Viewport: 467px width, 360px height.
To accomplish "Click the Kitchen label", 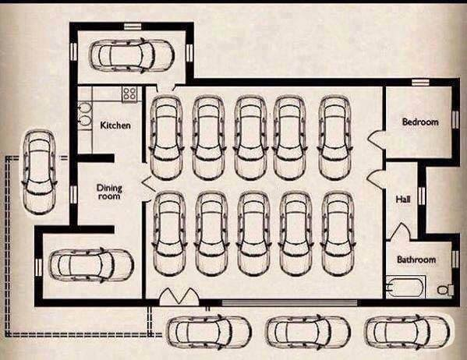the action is tap(115, 125).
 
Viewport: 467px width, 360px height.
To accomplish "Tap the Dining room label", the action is tap(109, 192).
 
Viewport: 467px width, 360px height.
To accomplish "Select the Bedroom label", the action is tap(420, 122).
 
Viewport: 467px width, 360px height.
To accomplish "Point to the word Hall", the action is tap(403, 199).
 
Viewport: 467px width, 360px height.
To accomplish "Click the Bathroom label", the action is tap(416, 259).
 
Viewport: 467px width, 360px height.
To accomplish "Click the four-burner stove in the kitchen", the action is tap(129, 94).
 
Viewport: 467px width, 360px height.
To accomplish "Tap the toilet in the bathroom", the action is tap(445, 289).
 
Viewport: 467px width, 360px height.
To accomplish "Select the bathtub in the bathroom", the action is tap(405, 287).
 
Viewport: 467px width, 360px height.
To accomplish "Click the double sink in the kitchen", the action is tap(84, 114).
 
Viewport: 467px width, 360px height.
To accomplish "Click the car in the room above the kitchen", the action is tap(132, 55).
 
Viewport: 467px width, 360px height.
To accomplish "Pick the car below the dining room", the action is tap(91, 265).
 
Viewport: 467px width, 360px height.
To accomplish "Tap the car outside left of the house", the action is tap(39, 171).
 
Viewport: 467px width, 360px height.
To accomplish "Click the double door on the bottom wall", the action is tap(179, 296).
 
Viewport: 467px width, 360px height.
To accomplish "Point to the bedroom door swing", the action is tap(376, 140).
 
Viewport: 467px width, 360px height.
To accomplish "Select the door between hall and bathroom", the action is tap(400, 231).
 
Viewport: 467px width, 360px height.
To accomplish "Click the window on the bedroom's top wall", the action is tap(420, 82).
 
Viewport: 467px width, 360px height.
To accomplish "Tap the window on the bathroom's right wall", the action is tap(455, 259).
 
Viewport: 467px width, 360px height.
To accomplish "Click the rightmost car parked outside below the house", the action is tap(406, 332).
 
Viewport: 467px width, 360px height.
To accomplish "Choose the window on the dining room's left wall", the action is tap(73, 194).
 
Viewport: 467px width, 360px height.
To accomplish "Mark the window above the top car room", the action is tap(133, 26).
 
